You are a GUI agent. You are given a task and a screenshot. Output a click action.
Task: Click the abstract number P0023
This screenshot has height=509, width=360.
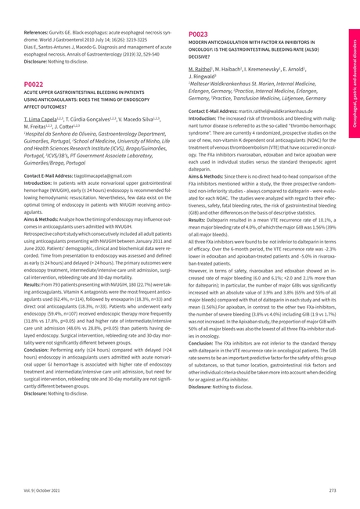point(199,34)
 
